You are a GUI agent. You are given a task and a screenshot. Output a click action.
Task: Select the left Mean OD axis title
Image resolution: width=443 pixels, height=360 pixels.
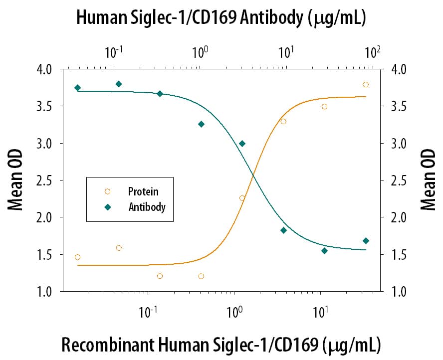15,180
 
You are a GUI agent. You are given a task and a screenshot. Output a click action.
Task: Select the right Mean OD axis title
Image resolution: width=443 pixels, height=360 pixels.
428,180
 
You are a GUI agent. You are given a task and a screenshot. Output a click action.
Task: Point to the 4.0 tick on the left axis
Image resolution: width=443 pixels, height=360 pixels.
43,69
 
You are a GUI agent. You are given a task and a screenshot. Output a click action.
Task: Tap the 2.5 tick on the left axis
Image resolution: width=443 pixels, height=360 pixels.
43,180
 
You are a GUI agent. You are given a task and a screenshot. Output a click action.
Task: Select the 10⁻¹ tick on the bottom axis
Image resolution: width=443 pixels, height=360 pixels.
148,311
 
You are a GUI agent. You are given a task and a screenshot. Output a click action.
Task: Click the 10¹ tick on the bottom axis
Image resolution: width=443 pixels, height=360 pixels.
320,311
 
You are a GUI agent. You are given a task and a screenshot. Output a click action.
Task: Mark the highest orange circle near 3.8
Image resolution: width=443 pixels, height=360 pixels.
366,85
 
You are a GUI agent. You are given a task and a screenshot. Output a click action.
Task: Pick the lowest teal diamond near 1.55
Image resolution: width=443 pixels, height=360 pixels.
324,251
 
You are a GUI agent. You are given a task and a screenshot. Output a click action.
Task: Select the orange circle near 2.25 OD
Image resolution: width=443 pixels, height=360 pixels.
242,198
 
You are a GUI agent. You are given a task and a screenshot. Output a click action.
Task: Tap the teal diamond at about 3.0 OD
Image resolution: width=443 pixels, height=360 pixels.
242,144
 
